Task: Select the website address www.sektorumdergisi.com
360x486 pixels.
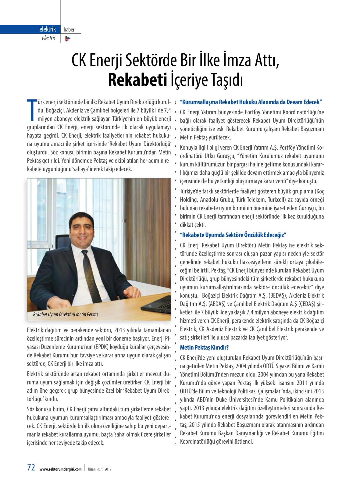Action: pos(60,469)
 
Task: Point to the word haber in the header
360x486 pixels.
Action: pos(69,30)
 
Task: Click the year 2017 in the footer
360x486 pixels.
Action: pos(108,469)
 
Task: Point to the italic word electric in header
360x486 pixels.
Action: pos(49,38)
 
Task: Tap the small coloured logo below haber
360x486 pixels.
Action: pos(68,38)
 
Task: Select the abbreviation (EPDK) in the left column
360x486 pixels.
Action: pos(110,347)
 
